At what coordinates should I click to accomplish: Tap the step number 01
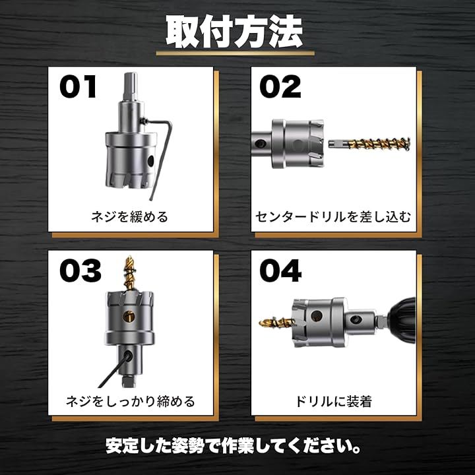tap(78, 87)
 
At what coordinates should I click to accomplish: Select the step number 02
tap(280, 87)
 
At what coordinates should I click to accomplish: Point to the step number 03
tap(80, 271)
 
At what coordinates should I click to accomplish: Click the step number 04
tap(280, 271)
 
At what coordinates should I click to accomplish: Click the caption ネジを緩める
tap(130, 217)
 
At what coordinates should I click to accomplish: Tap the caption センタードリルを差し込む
tap(333, 217)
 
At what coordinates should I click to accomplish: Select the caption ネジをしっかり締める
tap(130, 401)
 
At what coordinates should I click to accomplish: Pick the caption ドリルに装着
tap(334, 401)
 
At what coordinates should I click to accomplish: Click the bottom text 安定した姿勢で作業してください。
tap(234, 446)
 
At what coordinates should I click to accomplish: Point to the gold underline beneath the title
tap(235, 53)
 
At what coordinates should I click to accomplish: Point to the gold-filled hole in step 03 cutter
tap(129, 316)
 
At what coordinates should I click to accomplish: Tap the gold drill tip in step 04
tap(277, 323)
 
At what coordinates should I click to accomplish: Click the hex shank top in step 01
tap(131, 86)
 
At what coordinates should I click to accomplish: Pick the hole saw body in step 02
tap(298, 144)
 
